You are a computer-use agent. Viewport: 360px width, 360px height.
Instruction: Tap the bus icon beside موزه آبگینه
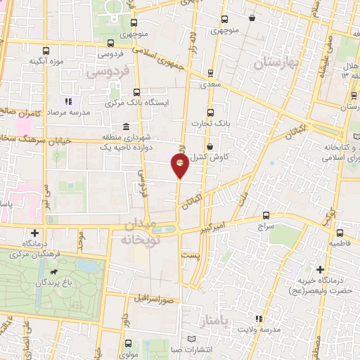pyautogui.click(x=46, y=51)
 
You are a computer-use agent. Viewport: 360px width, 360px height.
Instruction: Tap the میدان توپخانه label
pyautogui.click(x=147, y=231)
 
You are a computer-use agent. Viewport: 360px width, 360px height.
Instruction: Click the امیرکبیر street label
pyautogui.click(x=213, y=229)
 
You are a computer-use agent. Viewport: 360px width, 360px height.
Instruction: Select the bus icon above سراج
pyautogui.click(x=266, y=215)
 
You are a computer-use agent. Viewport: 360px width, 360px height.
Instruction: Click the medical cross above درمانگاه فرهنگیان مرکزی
pyautogui.click(x=34, y=232)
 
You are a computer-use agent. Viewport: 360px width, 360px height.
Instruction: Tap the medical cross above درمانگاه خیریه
pyautogui.click(x=321, y=269)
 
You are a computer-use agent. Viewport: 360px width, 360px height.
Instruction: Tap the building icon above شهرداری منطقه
pyautogui.click(x=126, y=127)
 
